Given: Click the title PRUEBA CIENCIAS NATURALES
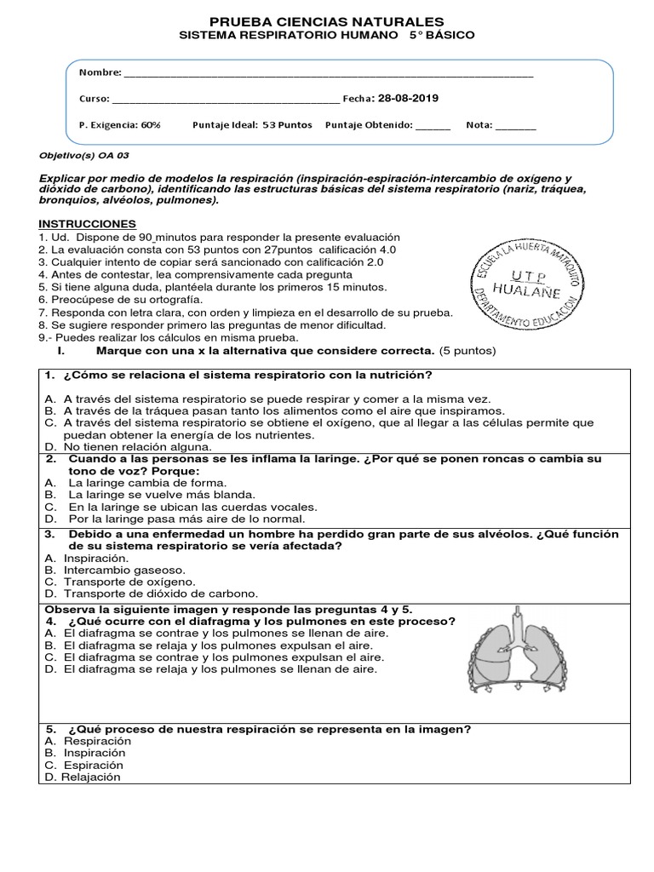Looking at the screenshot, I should coord(327,20).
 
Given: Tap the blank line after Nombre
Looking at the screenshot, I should coord(328,74).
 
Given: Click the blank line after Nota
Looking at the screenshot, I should coord(515,126).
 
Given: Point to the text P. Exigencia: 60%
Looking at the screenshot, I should coord(119,125).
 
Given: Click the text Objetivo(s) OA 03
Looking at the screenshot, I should coord(84,156).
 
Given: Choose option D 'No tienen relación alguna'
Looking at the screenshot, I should coord(128,446).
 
